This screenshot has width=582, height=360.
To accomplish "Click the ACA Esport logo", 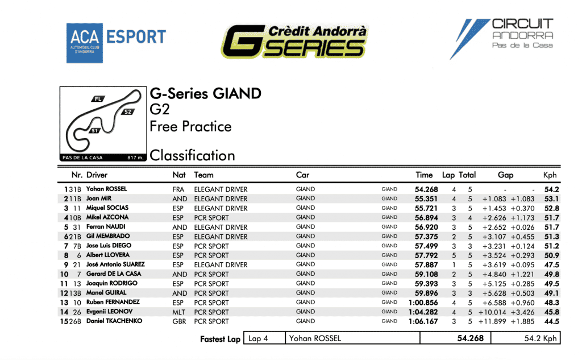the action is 116,43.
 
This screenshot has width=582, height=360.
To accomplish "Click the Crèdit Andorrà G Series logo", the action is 295,42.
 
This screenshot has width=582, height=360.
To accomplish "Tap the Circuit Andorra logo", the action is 501,39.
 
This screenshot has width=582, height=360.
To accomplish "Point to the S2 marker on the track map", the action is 128,112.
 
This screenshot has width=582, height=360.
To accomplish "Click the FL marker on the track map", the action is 98,99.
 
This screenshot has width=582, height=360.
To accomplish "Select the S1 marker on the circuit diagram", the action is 95,130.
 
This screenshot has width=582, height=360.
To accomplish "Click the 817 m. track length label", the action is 135,158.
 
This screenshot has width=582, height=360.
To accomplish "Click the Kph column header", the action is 550,175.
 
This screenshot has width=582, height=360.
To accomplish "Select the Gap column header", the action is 505,175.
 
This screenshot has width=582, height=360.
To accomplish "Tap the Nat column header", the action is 179,175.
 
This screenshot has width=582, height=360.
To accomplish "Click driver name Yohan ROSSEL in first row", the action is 106,189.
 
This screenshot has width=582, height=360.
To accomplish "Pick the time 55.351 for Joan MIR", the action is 426,198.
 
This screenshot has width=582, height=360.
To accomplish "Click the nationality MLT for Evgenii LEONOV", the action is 178,312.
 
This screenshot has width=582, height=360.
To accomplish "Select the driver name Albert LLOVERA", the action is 108,255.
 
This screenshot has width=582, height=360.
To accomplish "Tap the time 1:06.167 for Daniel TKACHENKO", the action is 423,321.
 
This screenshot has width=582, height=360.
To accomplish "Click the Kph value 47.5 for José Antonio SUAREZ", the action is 551,265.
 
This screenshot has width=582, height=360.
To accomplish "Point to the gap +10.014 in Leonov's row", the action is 492,312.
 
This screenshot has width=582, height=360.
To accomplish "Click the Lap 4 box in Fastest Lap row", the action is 265,338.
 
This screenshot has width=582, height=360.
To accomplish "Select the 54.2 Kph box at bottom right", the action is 526,338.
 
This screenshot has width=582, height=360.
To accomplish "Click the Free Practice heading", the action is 190,127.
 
